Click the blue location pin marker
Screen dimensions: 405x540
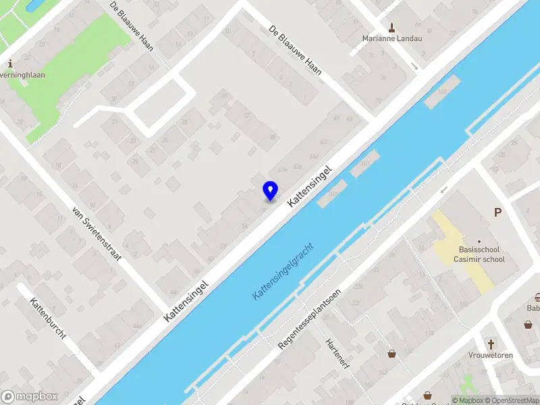point(270,191)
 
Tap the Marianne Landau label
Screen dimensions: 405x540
point(391,38)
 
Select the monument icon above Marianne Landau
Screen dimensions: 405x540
point(391,27)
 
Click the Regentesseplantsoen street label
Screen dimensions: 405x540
point(310,319)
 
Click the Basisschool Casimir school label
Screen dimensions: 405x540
point(479,254)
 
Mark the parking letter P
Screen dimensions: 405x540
point(498,212)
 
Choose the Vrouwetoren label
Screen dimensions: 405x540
point(491,355)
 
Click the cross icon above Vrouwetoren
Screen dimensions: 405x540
point(491,343)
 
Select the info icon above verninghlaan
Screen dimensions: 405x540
point(10,63)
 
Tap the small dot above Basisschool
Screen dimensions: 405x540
point(479,241)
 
